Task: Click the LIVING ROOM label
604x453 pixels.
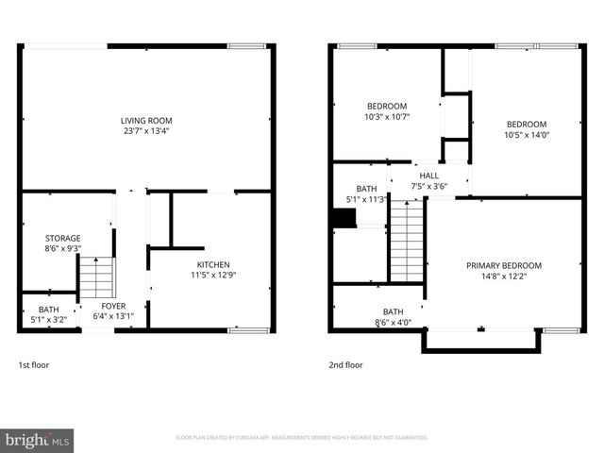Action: pyautogui.click(x=146, y=120)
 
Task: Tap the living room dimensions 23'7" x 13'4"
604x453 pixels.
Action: pyautogui.click(x=146, y=131)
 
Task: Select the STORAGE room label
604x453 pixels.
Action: pyautogui.click(x=63, y=238)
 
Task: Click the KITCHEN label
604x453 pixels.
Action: pyautogui.click(x=213, y=264)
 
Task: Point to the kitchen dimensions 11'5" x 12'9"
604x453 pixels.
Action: pyautogui.click(x=213, y=276)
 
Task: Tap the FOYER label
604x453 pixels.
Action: pyautogui.click(x=113, y=306)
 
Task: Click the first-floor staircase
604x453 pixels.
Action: pyautogui.click(x=94, y=277)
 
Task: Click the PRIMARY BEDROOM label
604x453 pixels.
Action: pyautogui.click(x=504, y=265)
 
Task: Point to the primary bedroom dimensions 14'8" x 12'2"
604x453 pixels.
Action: pyautogui.click(x=504, y=277)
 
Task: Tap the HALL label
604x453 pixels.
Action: pyautogui.click(x=429, y=176)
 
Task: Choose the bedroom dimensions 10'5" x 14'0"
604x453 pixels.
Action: pyautogui.click(x=526, y=135)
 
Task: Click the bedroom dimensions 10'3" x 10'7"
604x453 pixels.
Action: pyautogui.click(x=387, y=117)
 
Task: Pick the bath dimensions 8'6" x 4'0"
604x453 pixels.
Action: pyautogui.click(x=393, y=323)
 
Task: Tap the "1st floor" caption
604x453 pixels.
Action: pyautogui.click(x=33, y=364)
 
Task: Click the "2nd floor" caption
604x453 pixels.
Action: pyautogui.click(x=345, y=364)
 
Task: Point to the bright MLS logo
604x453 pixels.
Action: pyautogui.click(x=37, y=439)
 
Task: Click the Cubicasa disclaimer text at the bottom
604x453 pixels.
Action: pyautogui.click(x=302, y=438)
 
